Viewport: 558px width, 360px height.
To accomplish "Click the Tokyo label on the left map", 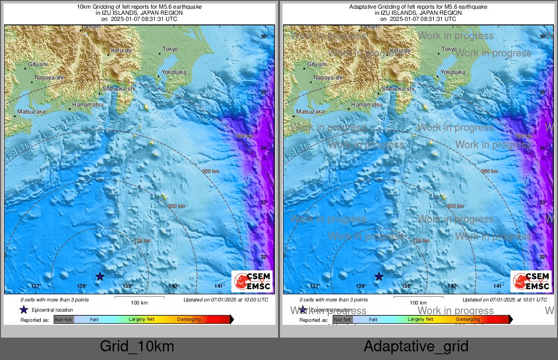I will [x=170, y=49].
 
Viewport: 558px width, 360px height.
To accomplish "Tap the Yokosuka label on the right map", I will [x=453, y=72].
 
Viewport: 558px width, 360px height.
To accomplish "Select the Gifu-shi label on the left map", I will [x=38, y=64].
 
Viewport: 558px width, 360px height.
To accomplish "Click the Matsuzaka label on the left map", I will [x=31, y=111].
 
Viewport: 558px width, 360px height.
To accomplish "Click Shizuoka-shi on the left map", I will [x=119, y=89].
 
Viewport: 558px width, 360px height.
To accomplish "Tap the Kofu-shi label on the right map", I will [x=400, y=50].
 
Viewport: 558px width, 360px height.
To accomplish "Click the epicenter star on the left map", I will [x=100, y=276].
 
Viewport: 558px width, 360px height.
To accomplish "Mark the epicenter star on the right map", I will [x=379, y=276].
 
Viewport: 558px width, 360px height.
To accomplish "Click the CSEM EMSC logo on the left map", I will [x=252, y=282].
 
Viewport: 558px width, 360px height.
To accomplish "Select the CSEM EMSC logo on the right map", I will [x=531, y=282].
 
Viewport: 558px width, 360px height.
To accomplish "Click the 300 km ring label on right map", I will [x=489, y=171].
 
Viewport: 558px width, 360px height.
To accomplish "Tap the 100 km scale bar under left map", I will [x=139, y=299].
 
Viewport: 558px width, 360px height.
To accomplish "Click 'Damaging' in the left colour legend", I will [x=189, y=320].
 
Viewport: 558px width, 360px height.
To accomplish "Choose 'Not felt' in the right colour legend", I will [x=343, y=320].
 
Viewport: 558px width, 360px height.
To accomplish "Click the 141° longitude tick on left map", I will [x=219, y=286].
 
